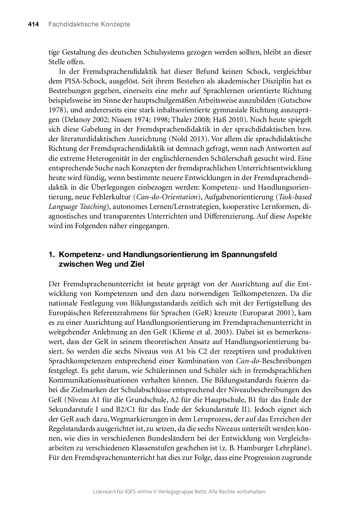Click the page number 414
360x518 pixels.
(x=33, y=24)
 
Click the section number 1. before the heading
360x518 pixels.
(x=52, y=255)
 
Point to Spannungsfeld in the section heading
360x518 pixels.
(x=249, y=255)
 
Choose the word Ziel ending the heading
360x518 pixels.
(x=137, y=264)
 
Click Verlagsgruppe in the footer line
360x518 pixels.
(x=180, y=492)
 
